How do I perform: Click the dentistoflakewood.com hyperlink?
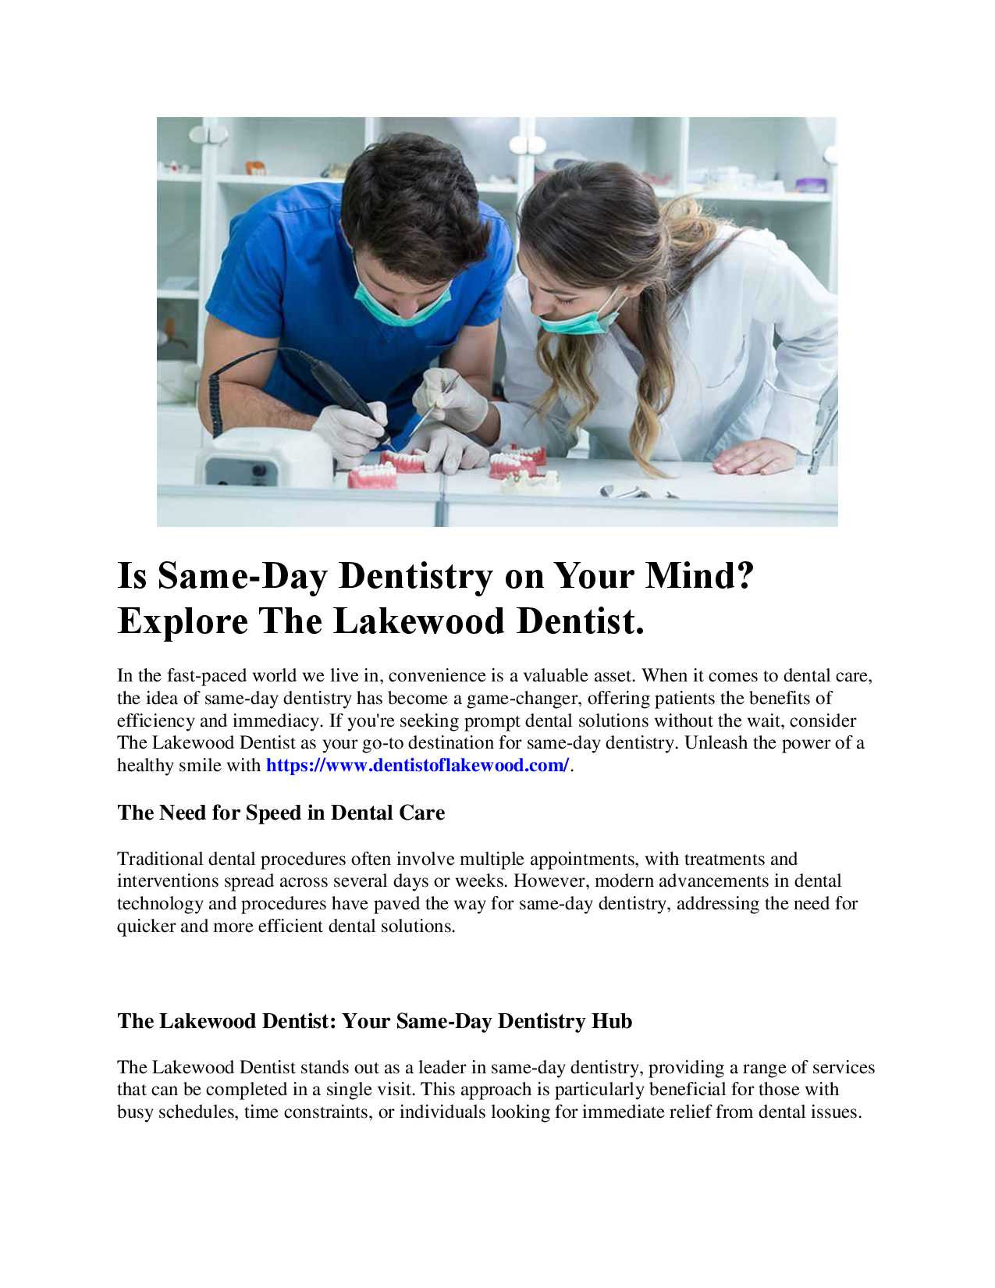tap(418, 765)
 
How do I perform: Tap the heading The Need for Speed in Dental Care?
tap(281, 813)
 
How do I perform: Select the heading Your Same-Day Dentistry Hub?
tap(375, 1021)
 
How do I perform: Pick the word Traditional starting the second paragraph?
tap(160, 859)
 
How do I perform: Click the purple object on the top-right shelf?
tap(811, 184)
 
